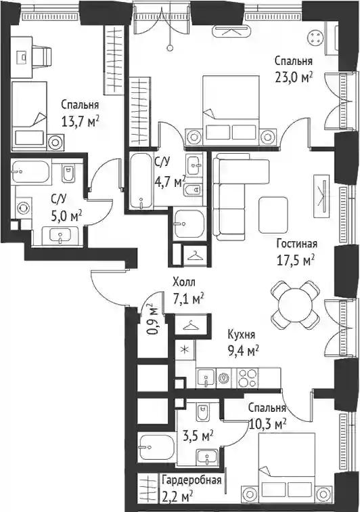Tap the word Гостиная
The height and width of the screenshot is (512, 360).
(x=296, y=244)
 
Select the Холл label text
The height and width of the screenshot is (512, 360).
(x=184, y=282)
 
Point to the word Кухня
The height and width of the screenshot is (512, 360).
(x=241, y=335)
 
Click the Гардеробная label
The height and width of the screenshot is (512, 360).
(x=192, y=480)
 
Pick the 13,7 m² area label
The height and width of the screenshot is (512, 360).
(x=81, y=123)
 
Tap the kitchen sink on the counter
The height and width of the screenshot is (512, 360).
(x=206, y=378)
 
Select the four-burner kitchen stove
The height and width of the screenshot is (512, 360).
(x=248, y=378)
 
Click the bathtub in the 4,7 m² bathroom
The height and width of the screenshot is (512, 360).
(x=141, y=181)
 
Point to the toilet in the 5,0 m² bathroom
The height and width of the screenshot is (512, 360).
(x=68, y=173)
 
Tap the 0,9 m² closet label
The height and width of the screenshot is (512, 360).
(x=150, y=320)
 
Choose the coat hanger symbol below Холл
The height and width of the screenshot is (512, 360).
(x=192, y=325)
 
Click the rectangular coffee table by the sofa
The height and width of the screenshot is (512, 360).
(x=273, y=215)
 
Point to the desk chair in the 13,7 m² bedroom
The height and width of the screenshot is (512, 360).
(x=42, y=57)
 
